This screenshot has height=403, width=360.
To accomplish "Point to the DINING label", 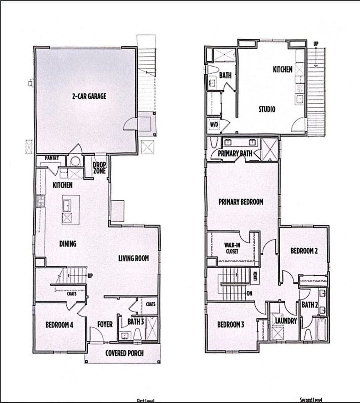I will [67, 243].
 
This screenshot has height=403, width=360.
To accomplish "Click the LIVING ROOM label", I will [133, 258].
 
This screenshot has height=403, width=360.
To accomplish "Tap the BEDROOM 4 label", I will [60, 324].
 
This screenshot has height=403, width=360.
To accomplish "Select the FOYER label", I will [105, 324].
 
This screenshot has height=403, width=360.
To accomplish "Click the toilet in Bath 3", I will [137, 334].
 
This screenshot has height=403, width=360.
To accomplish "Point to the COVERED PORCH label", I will [124, 353].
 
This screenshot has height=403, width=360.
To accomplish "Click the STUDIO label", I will [267, 110].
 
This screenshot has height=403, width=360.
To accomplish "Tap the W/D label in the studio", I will [213, 124].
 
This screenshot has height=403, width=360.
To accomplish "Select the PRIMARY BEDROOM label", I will [241, 202].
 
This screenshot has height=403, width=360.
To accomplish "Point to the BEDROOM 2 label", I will [304, 251].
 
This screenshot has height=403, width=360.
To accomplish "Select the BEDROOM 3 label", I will [231, 324].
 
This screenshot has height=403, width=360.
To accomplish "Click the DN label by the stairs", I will [250, 293].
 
